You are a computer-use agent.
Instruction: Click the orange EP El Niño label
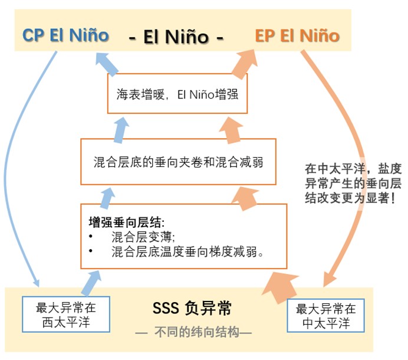(297, 35)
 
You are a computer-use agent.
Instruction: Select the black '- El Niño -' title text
(177, 37)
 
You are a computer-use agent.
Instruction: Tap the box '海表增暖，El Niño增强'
(177, 93)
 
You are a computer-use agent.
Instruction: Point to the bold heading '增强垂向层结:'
(126, 222)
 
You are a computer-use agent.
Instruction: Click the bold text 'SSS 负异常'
(192, 308)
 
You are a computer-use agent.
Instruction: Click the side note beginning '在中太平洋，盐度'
(353, 183)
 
